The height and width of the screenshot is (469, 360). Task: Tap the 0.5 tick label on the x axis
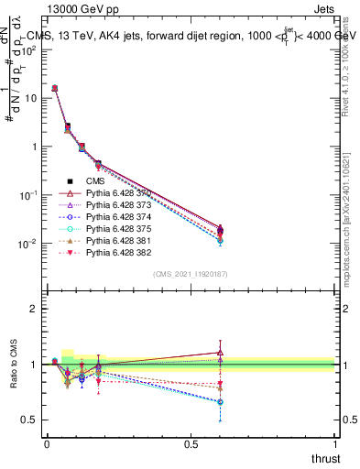[191, 443]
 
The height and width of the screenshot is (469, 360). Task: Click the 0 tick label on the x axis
[47, 443]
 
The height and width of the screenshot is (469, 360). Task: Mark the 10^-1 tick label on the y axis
[29, 195]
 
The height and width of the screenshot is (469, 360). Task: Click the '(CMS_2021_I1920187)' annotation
[191, 274]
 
